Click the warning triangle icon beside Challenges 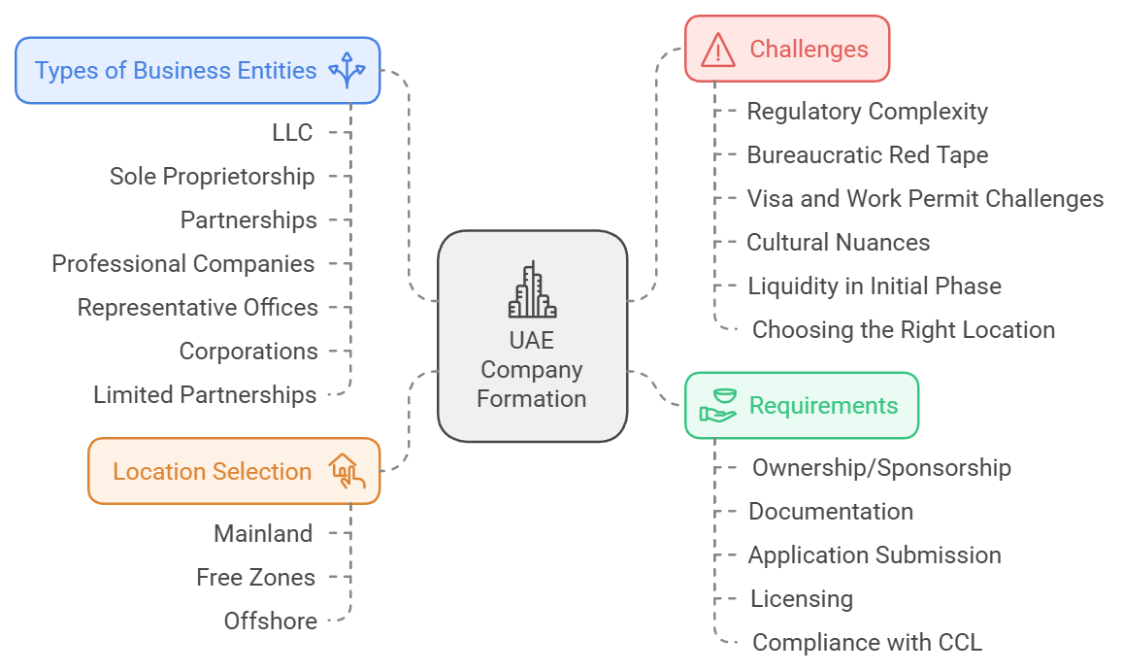[718, 49]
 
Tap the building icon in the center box [532, 291]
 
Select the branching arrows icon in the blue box [347, 71]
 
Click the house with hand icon [347, 471]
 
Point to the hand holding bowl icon [719, 405]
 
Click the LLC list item [292, 133]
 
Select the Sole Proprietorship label [212, 177]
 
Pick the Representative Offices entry [198, 308]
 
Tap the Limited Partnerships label [205, 395]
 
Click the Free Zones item [255, 578]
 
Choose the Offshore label [270, 622]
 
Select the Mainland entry [263, 534]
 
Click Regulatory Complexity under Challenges [867, 112]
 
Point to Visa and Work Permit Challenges [925, 199]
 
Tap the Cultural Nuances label [838, 243]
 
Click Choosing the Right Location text [903, 330]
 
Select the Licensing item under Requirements [802, 599]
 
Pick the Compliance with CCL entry [867, 643]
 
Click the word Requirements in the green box [823, 406]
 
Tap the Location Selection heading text [212, 472]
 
